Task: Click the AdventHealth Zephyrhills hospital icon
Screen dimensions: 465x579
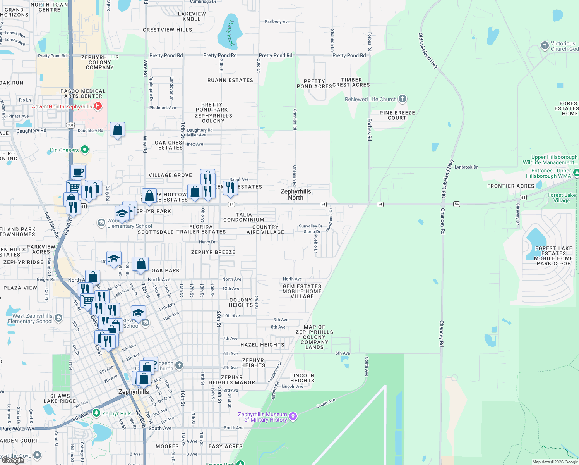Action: [x=98, y=106]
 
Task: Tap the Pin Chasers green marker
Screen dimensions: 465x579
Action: [x=85, y=150]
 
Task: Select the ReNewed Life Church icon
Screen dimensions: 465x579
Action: [x=403, y=98]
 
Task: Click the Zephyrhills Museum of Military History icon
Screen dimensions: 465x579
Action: [x=293, y=417]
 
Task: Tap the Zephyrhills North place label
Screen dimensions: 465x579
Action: [x=296, y=195]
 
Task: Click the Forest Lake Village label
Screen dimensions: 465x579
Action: [x=562, y=198]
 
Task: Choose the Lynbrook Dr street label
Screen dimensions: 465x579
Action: [x=466, y=167]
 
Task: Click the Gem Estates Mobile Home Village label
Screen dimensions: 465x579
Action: [x=302, y=291]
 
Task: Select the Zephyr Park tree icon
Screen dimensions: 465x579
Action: [x=96, y=413]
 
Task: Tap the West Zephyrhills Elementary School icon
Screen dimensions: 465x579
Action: [x=58, y=318]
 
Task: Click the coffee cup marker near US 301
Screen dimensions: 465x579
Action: [x=78, y=172]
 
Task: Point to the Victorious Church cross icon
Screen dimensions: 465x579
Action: [x=545, y=46]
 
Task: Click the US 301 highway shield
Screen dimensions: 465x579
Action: [x=70, y=125]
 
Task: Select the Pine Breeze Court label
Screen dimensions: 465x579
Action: [x=397, y=115]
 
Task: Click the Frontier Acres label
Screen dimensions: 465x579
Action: [x=510, y=186]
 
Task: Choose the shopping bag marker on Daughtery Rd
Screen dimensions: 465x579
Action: [x=117, y=129]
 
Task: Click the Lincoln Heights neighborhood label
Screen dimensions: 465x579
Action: [x=302, y=378]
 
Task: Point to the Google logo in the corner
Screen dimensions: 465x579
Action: [x=13, y=460]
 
